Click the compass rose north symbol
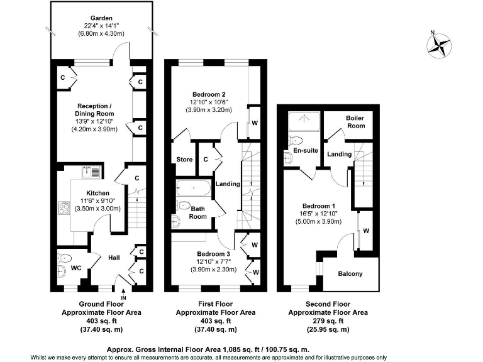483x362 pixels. (440, 43)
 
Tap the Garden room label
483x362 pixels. (102, 18)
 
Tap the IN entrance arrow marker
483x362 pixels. (124, 293)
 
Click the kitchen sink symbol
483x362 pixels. (93, 172)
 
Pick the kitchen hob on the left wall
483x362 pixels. (63, 208)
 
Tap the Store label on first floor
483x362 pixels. (184, 160)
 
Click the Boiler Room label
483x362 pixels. (355, 122)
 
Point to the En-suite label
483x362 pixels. (305, 151)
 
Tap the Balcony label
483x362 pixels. (350, 273)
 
